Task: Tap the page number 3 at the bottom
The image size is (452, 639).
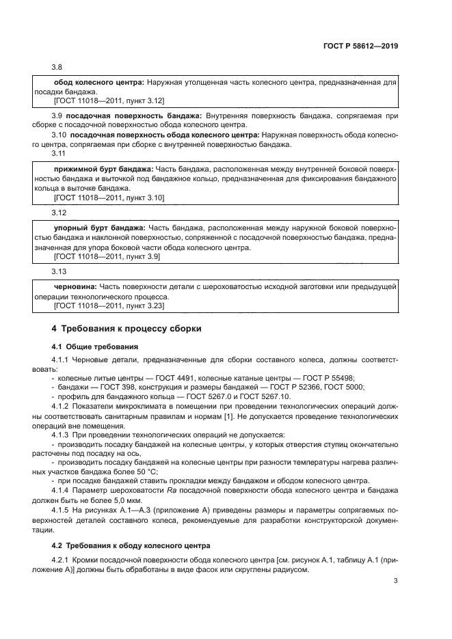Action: point(396,581)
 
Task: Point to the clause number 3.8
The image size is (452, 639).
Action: point(57,67)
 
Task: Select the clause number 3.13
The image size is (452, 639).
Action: point(59,271)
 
